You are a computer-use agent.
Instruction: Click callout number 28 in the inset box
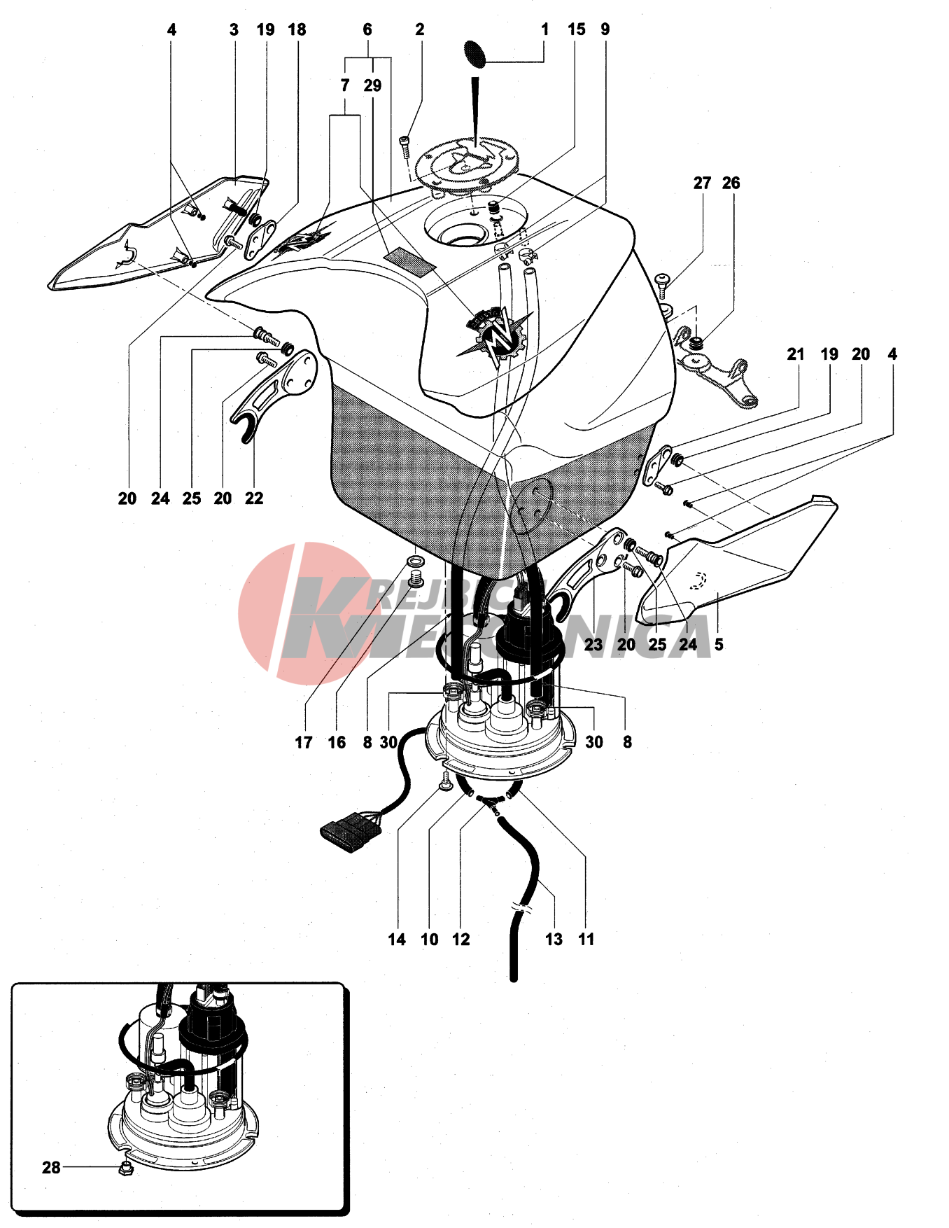click(x=51, y=1167)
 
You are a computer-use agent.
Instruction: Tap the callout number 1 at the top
click(x=544, y=29)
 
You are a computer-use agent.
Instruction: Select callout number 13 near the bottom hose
click(x=554, y=939)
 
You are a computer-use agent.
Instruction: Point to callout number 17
click(x=303, y=742)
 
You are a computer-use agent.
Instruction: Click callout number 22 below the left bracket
click(x=254, y=498)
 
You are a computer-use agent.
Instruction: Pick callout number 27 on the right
click(x=702, y=183)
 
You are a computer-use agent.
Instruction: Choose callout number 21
click(x=795, y=354)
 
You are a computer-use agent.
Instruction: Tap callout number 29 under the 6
click(x=372, y=85)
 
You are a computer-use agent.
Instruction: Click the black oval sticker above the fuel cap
click(x=475, y=54)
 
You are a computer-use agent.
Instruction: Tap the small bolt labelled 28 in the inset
click(x=126, y=1168)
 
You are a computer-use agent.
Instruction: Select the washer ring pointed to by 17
click(x=415, y=561)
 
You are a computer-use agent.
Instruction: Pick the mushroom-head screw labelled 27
click(x=663, y=284)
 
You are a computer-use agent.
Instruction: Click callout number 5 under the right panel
click(x=718, y=644)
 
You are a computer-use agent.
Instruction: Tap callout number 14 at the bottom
click(x=397, y=939)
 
